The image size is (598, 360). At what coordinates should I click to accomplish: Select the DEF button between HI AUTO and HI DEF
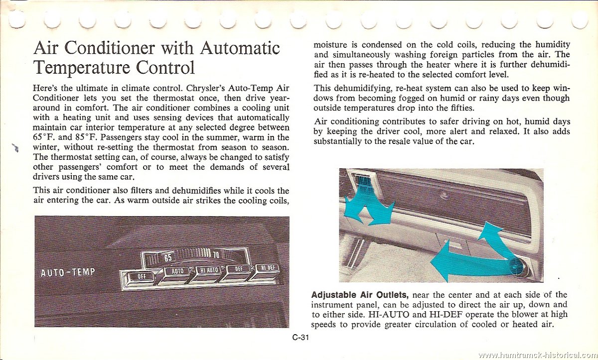click(x=239, y=269)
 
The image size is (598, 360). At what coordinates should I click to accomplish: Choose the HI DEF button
click(x=269, y=268)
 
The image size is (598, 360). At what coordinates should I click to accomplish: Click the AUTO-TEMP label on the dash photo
click(x=68, y=272)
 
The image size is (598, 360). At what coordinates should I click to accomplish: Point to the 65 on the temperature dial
click(x=168, y=258)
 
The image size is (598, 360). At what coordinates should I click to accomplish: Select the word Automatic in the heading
click(x=240, y=48)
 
